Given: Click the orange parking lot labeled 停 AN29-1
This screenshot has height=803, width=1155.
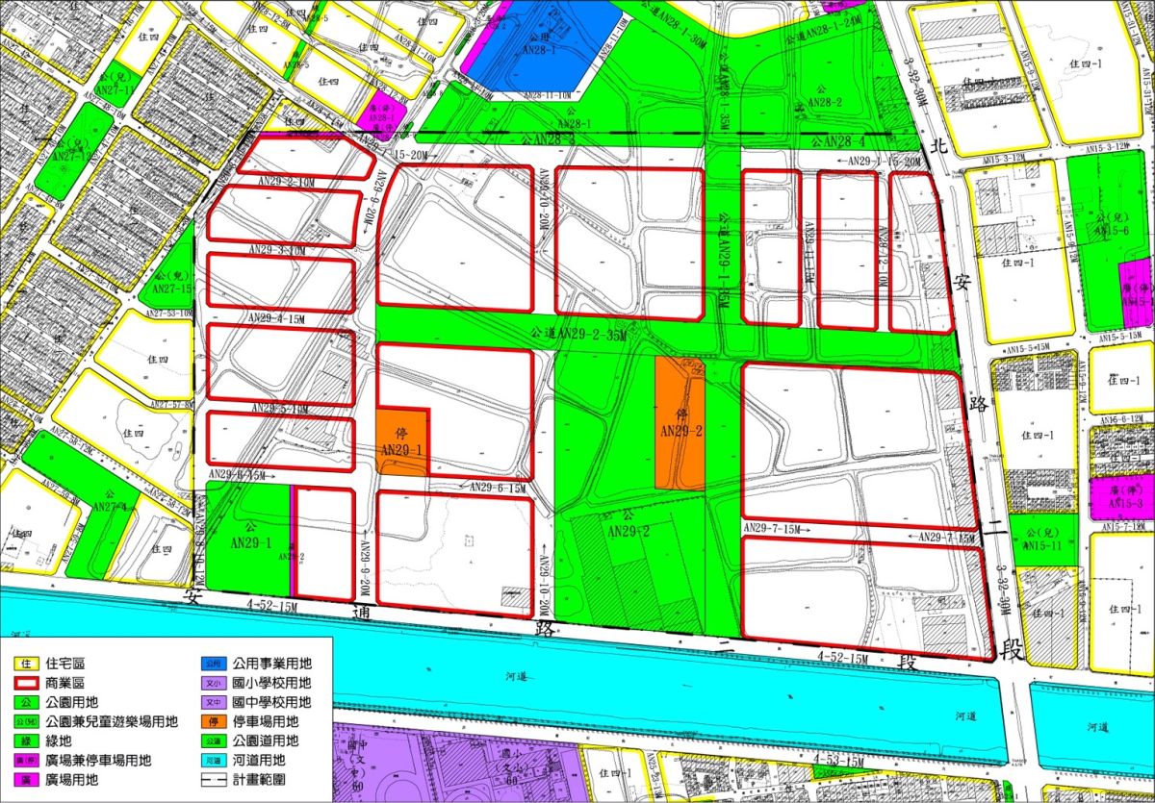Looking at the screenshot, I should coord(401,440).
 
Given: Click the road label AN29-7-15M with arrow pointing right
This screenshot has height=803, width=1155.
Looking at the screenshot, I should coord(776,528).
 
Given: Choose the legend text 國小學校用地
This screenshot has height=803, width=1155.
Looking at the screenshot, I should coord(271,683).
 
